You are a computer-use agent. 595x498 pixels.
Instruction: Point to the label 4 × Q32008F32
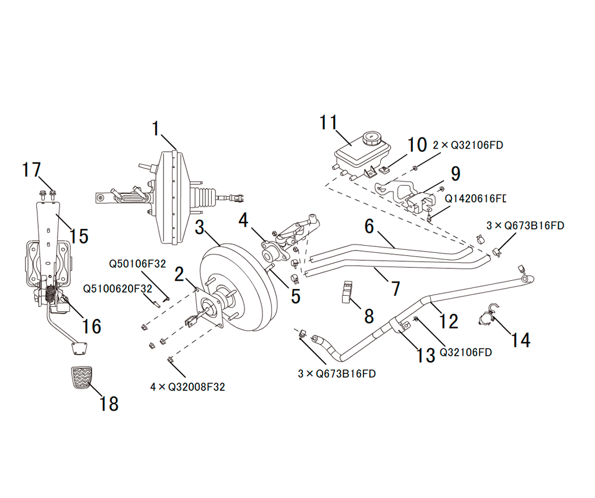pos(187,387)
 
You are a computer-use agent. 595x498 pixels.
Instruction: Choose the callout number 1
pos(156,129)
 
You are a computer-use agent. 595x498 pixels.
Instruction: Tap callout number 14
pos(519,339)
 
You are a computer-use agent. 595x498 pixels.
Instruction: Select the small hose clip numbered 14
pos(487,318)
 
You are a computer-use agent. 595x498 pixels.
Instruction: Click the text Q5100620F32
pos(118,289)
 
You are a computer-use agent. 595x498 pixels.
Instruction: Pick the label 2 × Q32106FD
pos(468,144)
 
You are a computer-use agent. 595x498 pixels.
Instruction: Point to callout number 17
pos(32,170)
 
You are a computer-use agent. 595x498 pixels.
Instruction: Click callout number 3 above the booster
pos(201,227)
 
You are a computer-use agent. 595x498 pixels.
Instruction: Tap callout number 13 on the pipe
pos(425,355)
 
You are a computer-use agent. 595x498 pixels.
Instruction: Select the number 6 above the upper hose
pos(368,225)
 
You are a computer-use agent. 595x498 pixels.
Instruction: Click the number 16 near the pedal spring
pos(92,326)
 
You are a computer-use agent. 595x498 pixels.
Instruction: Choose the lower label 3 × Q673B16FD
pos(337,374)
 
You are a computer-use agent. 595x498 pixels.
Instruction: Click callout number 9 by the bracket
pos(456,174)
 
